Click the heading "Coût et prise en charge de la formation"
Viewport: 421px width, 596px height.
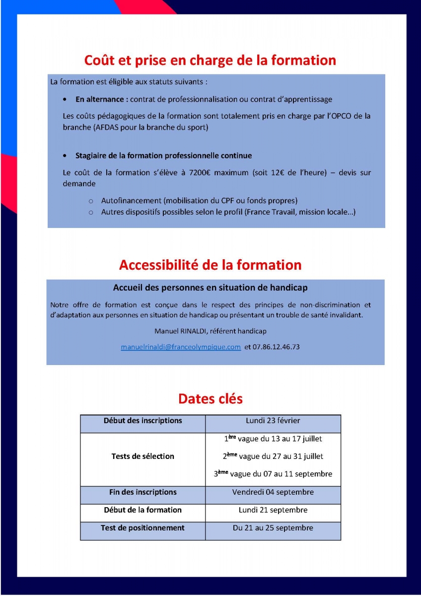210,61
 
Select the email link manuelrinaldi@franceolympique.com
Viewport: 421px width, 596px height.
181,347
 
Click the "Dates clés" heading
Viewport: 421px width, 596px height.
210,399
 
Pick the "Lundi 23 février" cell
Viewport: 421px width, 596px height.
273,421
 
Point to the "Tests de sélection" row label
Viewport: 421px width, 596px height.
143,456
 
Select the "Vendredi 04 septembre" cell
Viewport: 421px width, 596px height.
273,492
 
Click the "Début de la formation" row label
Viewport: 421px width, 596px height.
143,510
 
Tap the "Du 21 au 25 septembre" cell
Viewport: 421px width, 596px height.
273,528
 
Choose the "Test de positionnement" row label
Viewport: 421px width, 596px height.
143,528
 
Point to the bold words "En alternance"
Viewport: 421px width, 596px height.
102,99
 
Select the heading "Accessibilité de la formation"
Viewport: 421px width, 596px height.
210,265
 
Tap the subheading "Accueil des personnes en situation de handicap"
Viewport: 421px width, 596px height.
210,288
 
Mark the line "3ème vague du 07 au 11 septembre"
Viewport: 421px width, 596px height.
273,474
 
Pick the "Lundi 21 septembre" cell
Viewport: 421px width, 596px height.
273,510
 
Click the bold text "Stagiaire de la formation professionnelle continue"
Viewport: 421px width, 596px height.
164,155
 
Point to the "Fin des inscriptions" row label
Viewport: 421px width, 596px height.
143,492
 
